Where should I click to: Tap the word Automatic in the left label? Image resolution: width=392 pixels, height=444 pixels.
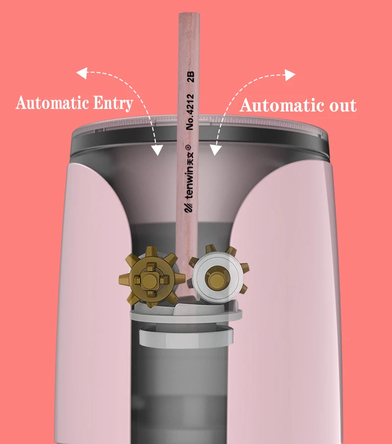53,103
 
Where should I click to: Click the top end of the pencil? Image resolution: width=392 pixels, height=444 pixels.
189,15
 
